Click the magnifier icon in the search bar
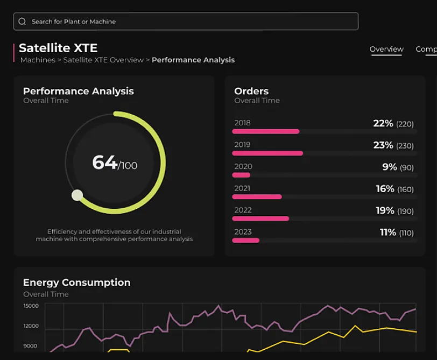pyautogui.click(x=22, y=22)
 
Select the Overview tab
pyautogui.click(x=386, y=49)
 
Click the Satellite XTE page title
pyautogui.click(x=58, y=48)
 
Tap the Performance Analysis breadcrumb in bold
pyautogui.click(x=193, y=60)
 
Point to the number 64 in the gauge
pyautogui.click(x=104, y=162)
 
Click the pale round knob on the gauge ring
pyautogui.click(x=77, y=195)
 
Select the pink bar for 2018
pyautogui.click(x=266, y=131)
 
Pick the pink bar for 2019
pyautogui.click(x=267, y=153)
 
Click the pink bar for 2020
pyautogui.click(x=242, y=175)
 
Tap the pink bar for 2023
pyautogui.click(x=246, y=240)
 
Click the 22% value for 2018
pyautogui.click(x=383, y=123)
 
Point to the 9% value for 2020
pyautogui.click(x=390, y=167)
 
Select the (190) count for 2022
pyautogui.click(x=405, y=211)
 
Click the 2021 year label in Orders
pyautogui.click(x=242, y=188)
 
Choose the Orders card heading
pyautogui.click(x=251, y=91)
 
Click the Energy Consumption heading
pyautogui.click(x=76, y=283)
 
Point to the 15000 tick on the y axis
pyautogui.click(x=31, y=306)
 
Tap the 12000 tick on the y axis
pyautogui.click(x=31, y=326)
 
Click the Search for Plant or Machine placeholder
pyautogui.click(x=74, y=22)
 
